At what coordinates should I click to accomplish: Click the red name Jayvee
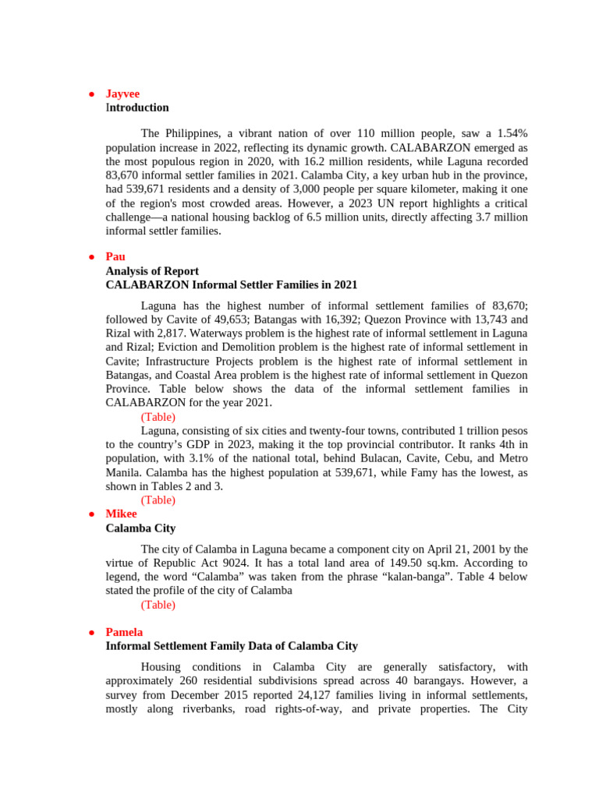(x=122, y=94)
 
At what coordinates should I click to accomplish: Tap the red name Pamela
(x=124, y=632)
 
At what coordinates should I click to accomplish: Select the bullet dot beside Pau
(x=90, y=256)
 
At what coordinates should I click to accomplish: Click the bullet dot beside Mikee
(x=90, y=514)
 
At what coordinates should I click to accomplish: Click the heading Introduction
(x=137, y=108)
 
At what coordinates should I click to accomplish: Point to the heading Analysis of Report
(x=152, y=271)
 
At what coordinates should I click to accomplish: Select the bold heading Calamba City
(x=140, y=528)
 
